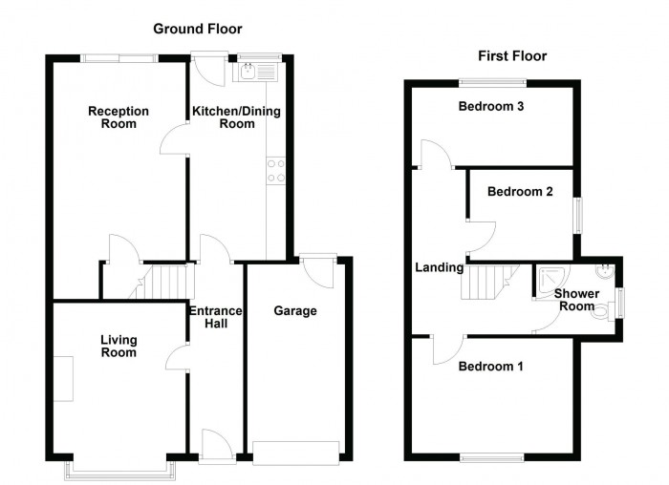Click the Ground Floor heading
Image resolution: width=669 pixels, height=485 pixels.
198,30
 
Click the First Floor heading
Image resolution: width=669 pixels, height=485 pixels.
507,56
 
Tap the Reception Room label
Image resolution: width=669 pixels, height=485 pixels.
119,117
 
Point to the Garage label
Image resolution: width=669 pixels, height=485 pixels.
295,311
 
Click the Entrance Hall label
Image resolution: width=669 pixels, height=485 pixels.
216,318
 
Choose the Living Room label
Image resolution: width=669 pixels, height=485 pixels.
119,347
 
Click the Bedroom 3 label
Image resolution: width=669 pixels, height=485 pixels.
490,106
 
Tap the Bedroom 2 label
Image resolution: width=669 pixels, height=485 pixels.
520,192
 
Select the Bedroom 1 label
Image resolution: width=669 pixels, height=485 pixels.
490,366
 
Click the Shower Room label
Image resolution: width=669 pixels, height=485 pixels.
576,300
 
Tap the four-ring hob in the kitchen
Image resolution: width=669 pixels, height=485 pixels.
276,171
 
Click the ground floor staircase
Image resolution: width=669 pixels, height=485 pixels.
167,282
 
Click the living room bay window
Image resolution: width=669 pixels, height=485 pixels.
119,468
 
